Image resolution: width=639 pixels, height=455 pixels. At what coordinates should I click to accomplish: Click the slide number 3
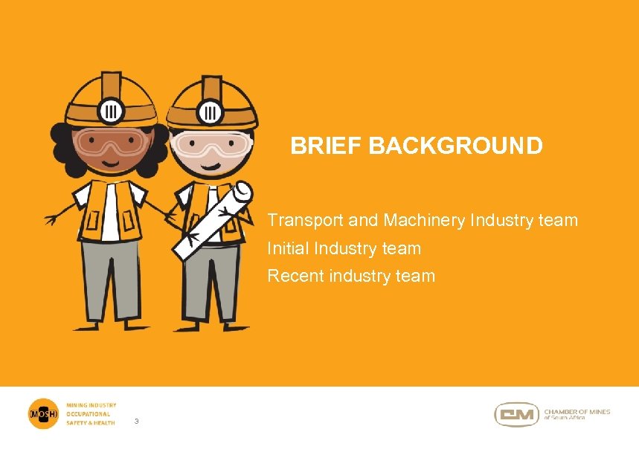pos(136,422)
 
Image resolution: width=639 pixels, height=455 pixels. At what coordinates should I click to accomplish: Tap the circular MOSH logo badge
pos(42,413)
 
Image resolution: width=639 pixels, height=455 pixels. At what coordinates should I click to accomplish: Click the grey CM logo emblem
pos(516,414)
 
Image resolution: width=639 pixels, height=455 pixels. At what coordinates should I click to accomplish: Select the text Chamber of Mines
pos(577,412)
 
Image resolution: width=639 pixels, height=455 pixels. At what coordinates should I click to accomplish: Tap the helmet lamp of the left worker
pos(112,109)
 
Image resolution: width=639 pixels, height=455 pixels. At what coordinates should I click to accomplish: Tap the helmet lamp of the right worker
pos(212,112)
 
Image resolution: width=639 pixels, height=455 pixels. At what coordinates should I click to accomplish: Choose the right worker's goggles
pos(211,145)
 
